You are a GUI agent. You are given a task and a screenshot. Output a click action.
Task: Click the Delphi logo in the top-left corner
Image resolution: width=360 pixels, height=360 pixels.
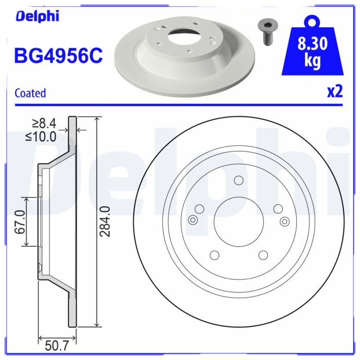pyautogui.click(x=37, y=17)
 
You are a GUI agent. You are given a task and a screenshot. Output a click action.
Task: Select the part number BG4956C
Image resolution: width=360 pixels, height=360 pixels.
pyautogui.click(x=58, y=56)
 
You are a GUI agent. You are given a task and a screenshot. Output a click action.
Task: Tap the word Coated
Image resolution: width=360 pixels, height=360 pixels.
pyautogui.click(x=30, y=93)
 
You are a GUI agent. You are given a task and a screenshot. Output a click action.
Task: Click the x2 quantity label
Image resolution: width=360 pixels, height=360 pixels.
pyautogui.click(x=335, y=92)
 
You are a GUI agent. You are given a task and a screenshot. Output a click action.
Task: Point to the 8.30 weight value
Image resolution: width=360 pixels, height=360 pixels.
pyautogui.click(x=312, y=44)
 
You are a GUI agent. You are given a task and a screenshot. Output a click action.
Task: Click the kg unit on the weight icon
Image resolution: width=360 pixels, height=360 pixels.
pyautogui.click(x=312, y=60)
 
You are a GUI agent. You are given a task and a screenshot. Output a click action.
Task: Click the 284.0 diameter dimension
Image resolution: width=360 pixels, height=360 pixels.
pyautogui.click(x=105, y=221)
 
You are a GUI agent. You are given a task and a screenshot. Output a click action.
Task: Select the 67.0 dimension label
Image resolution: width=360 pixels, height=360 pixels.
pyautogui.click(x=20, y=222)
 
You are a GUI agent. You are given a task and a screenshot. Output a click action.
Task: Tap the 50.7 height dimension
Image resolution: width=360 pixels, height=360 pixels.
pyautogui.click(x=57, y=346)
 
